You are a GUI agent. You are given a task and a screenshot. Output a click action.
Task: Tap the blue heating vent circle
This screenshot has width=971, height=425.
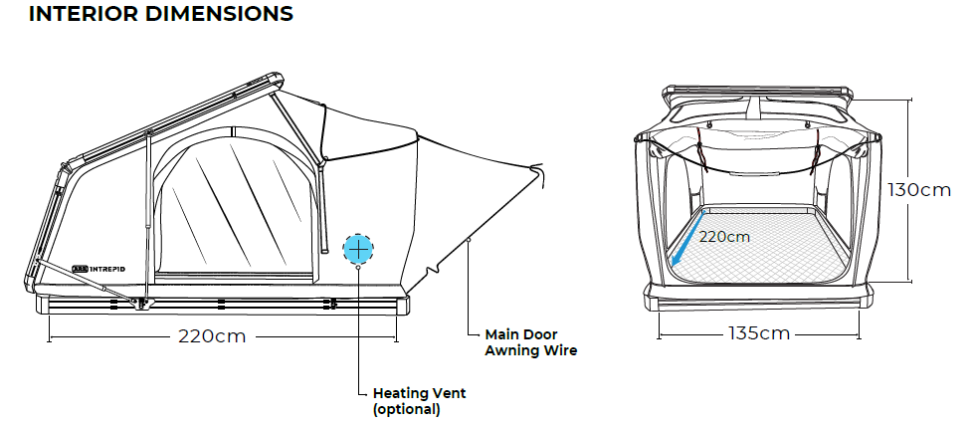tap(358, 249)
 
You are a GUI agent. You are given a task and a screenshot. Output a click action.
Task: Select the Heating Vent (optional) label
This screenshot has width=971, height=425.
tap(418, 400)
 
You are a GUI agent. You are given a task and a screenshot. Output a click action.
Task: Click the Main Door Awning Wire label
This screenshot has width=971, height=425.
tap(530, 342)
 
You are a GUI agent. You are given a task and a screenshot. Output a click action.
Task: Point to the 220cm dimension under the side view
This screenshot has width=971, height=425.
tap(212, 336)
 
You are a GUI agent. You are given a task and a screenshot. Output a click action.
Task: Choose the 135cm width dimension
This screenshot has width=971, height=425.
tap(758, 333)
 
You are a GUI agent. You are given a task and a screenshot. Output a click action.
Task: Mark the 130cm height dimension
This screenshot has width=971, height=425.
tap(920, 190)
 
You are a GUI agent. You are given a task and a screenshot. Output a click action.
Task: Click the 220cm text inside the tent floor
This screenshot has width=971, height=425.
tap(724, 237)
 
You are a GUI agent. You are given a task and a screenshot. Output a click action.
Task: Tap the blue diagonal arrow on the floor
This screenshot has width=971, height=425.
tap(688, 240)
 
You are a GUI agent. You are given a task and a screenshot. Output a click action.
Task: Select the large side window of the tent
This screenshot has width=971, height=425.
tap(234, 209)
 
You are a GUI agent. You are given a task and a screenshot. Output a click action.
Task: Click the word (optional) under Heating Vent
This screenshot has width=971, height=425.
tap(406, 408)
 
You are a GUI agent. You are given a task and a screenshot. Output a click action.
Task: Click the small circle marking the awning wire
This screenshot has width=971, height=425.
tap(469, 240)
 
